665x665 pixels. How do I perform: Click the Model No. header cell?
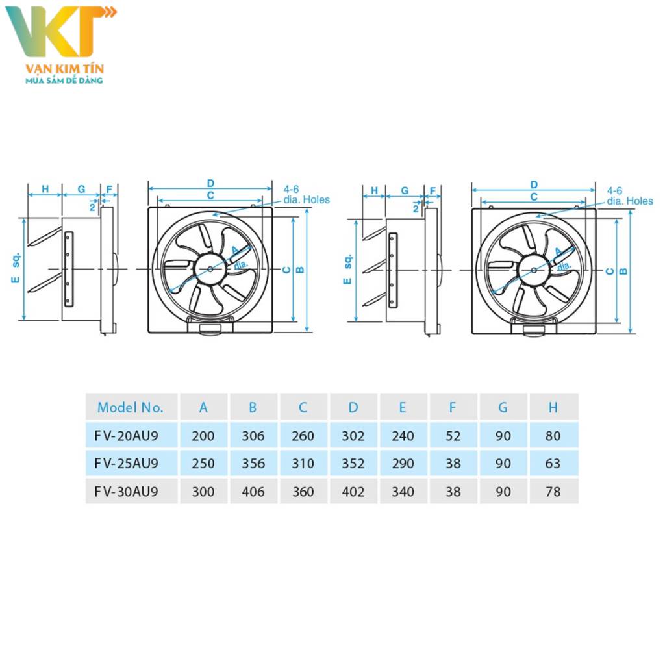point(130,408)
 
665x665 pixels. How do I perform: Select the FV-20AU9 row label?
point(127,436)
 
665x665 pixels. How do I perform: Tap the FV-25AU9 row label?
point(127,464)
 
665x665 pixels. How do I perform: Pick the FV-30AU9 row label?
point(127,492)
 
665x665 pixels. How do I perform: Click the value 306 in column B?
point(253,436)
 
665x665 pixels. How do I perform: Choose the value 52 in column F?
point(453,436)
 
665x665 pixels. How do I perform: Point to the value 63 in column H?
point(553,464)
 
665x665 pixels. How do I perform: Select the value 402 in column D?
point(353,492)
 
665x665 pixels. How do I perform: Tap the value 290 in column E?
point(403,464)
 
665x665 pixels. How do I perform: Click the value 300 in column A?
point(203,492)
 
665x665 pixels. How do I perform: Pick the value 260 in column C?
point(303,436)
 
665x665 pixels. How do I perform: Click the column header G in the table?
point(503,408)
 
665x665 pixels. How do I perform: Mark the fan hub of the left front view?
point(210,268)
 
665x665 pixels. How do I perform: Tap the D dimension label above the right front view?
point(534,184)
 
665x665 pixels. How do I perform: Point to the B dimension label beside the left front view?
point(300,270)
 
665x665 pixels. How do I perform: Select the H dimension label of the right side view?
point(374,190)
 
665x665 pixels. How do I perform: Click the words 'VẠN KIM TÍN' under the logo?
point(64,68)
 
